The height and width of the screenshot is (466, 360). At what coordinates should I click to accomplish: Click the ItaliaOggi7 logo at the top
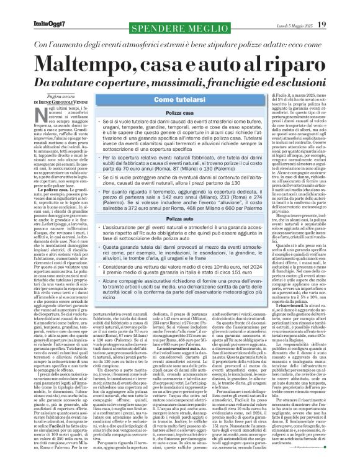click(29, 7)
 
